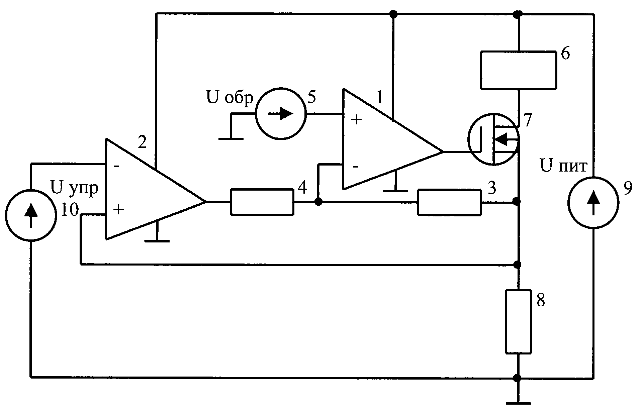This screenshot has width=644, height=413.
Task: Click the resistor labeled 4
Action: pos(262,202)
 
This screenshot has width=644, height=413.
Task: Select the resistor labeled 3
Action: pos(449,202)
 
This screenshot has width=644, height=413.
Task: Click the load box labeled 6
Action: pos(519,70)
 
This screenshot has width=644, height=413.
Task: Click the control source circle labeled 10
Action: pos(31,214)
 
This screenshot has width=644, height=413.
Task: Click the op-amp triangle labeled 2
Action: pos(156,189)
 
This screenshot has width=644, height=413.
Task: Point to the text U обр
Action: pos(230,98)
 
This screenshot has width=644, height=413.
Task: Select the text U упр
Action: pos(74,187)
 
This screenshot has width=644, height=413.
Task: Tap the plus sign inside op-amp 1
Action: pos(357,120)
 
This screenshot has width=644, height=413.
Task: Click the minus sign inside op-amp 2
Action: pos(116,166)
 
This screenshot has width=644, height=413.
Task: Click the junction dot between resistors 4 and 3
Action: pos(318,202)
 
